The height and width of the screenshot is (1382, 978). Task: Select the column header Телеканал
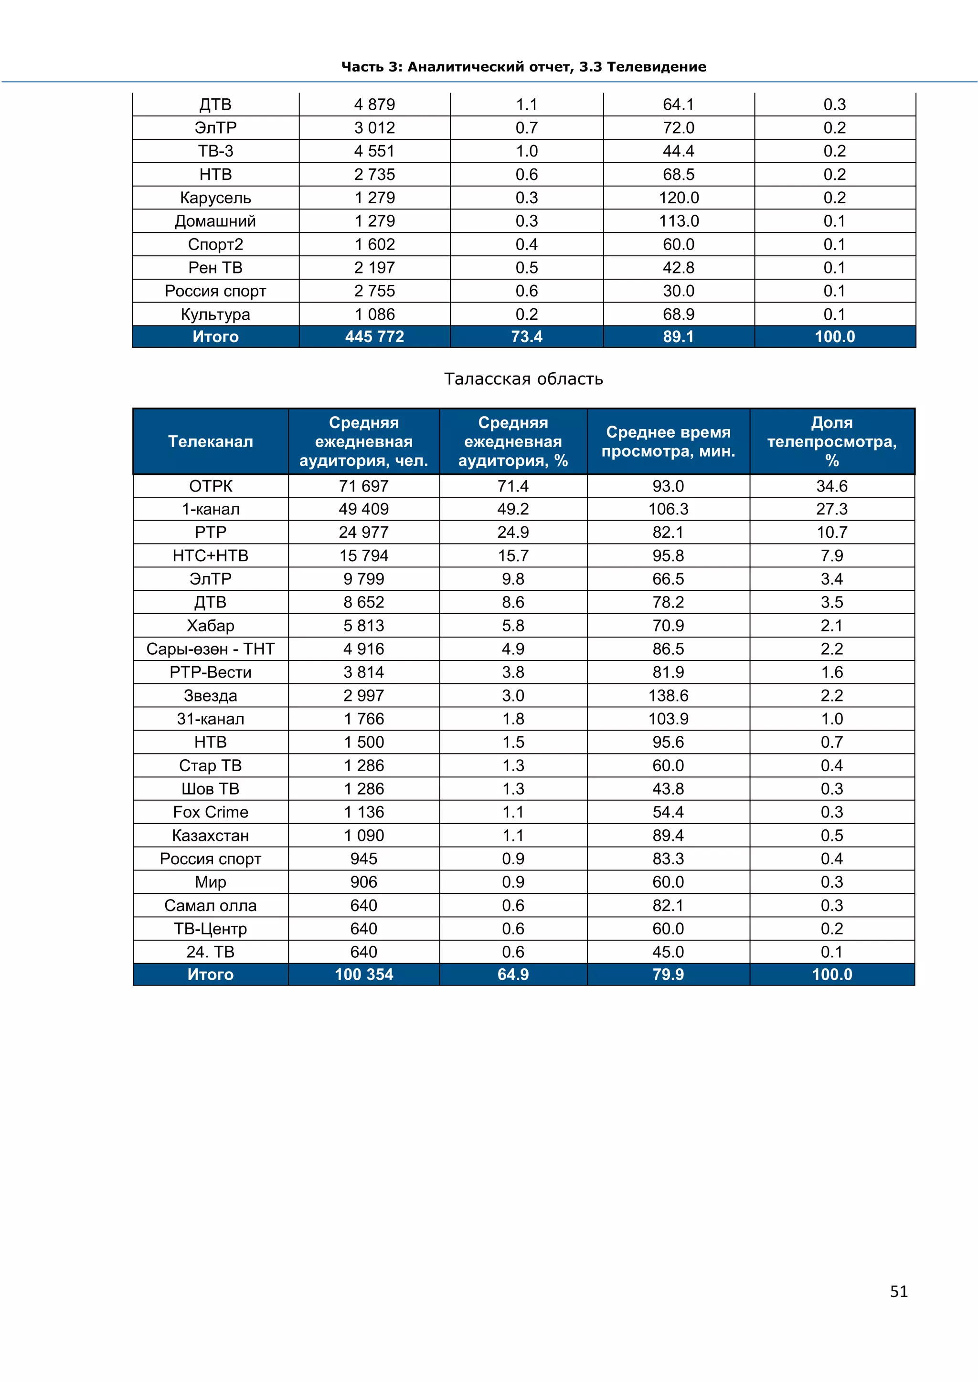pos(210,441)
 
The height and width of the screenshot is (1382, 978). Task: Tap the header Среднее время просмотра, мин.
pos(668,441)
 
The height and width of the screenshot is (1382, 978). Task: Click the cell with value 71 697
pos(364,486)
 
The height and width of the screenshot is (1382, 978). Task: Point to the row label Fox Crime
pos(210,812)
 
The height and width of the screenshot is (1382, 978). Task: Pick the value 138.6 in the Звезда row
pos(668,695)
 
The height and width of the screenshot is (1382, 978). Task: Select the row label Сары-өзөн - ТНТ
pos(210,649)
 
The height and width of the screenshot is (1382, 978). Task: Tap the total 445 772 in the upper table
pos(374,336)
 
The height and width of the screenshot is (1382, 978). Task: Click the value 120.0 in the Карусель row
pos(678,198)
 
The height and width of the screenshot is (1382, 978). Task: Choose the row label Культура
pos(215,314)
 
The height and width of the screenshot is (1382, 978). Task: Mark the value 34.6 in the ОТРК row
pos(832,486)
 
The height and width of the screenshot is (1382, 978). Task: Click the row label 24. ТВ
pos(210,952)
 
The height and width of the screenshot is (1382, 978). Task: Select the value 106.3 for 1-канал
pos(668,509)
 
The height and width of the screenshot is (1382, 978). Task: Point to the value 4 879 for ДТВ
pos(374,104)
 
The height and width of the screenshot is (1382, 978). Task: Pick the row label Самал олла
pos(210,905)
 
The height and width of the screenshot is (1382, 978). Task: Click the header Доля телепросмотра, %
pos(832,441)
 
